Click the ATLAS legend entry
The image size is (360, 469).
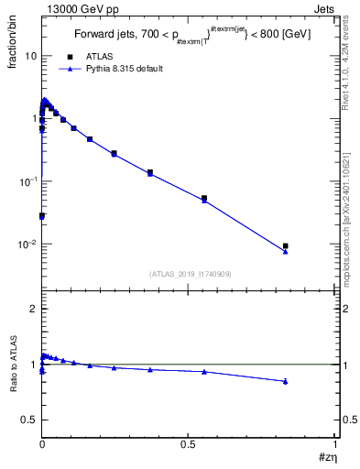coord(98,56)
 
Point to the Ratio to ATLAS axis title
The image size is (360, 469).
coord(14,366)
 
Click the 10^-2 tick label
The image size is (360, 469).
coord(27,245)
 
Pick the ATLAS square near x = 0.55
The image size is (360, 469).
coord(204,198)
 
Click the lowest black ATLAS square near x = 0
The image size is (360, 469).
coord(42,216)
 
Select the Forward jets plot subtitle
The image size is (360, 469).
coord(191,36)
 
